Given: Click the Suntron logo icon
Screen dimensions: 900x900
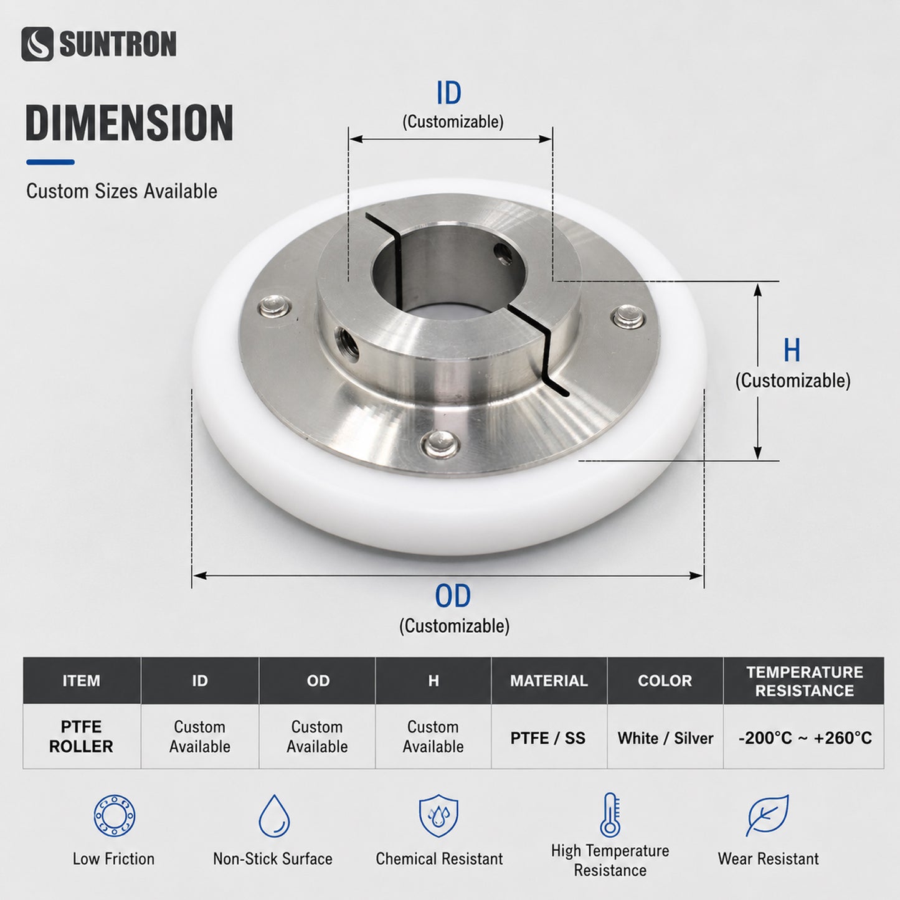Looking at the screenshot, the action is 37,44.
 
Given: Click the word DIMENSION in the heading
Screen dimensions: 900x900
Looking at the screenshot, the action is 130,123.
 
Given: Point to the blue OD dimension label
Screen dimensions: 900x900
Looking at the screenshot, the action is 453,595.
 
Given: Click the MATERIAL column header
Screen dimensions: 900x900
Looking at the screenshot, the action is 549,681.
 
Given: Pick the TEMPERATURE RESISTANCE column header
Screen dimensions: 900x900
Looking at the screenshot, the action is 804,681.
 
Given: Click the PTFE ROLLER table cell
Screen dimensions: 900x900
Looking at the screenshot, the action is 81,737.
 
